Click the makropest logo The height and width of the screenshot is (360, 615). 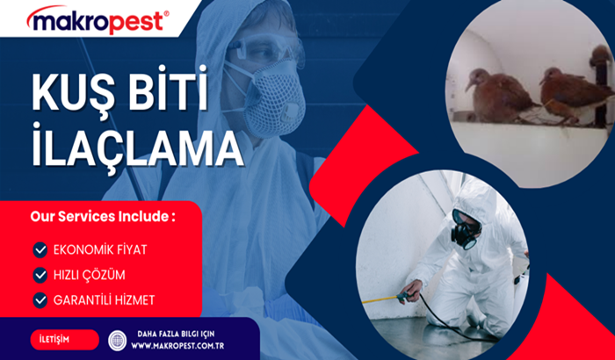click(98, 19)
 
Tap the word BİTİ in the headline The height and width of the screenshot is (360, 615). click(169, 88)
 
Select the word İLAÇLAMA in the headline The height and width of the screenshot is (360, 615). click(137, 144)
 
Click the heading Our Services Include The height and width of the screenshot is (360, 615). click(103, 217)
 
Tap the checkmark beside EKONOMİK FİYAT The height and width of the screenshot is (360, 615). click(40, 249)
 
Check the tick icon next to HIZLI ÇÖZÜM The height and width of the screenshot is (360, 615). click(40, 275)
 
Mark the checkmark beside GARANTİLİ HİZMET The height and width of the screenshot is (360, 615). click(40, 300)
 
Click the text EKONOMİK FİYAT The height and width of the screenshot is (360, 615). click(100, 249)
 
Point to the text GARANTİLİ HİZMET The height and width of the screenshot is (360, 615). click(104, 300)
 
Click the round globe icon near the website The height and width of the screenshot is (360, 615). click(117, 341)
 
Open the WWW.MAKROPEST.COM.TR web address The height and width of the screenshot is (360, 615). click(177, 346)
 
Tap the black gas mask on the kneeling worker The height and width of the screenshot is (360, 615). click(465, 229)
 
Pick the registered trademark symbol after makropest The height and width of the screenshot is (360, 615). click(166, 13)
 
